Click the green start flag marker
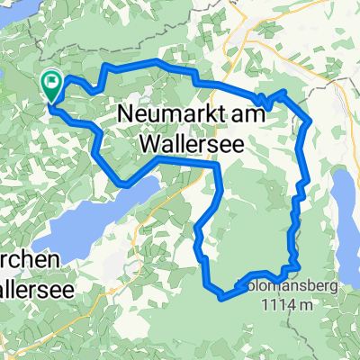pos(51,85)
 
